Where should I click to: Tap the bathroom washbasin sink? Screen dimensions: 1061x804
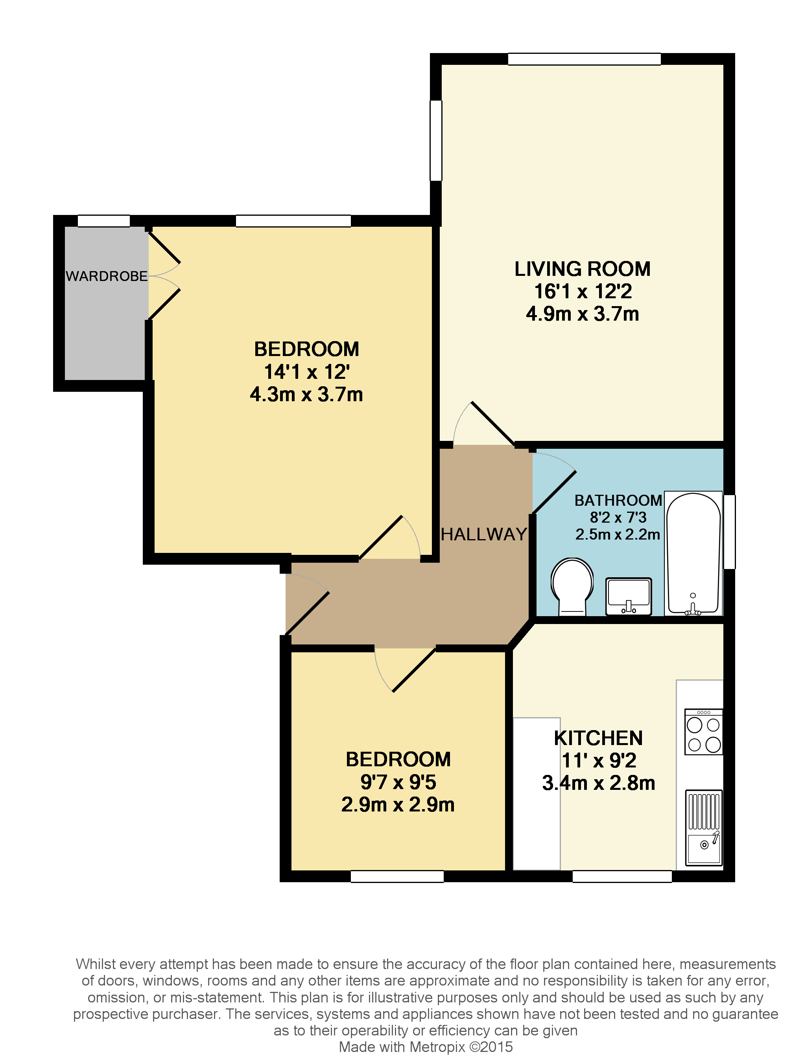coord(628,596)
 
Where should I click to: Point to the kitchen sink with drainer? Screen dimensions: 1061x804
coord(704,828)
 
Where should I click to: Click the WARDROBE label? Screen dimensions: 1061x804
coord(107,276)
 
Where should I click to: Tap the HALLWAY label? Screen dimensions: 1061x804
coord(484,534)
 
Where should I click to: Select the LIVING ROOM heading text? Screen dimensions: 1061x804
coord(582,269)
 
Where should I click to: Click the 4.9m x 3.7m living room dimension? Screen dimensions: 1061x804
coord(582,314)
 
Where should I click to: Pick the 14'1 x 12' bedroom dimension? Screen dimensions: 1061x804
coord(307,372)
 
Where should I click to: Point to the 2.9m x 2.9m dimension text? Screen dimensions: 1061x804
coord(398,805)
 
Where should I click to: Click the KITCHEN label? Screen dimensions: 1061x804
coord(598,738)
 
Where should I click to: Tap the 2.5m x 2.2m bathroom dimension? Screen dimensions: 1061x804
coord(618,534)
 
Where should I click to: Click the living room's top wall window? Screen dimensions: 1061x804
coord(584,59)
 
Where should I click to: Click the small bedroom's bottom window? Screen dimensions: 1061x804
coord(397,876)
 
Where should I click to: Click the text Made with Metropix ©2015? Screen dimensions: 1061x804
coord(426,1046)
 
